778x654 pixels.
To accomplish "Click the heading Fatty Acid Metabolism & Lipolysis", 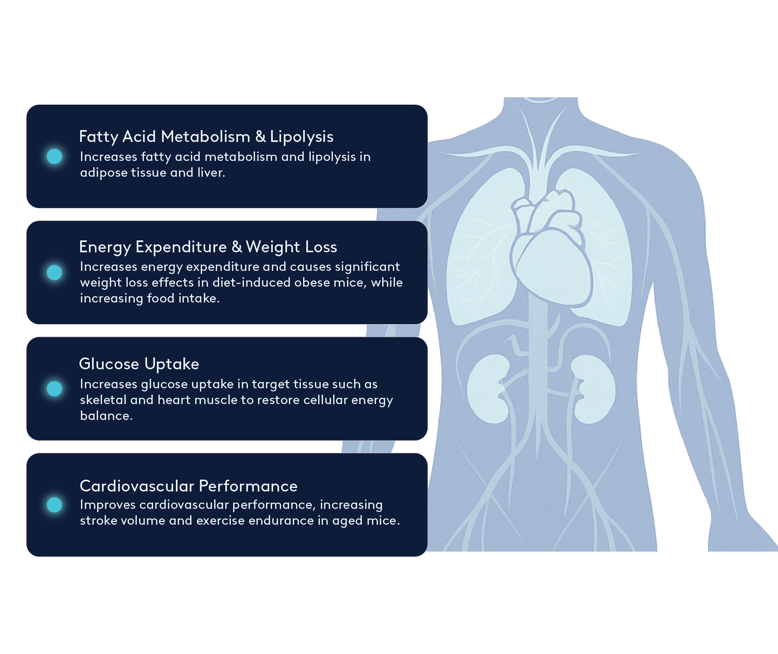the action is tap(206, 137).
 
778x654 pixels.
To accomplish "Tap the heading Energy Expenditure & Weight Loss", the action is tap(208, 247).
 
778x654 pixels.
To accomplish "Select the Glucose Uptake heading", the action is tap(139, 364).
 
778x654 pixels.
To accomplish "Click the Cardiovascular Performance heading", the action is tap(188, 486).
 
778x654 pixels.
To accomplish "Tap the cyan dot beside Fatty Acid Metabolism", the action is tap(55, 156).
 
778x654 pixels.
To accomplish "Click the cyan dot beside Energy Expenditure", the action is tap(55, 272).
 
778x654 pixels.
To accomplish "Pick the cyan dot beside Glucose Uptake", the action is tap(55, 389).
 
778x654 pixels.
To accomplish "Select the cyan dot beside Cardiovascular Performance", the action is tap(55, 505).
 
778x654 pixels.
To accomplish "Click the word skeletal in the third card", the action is tap(103, 400).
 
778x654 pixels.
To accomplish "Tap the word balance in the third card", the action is tap(106, 416).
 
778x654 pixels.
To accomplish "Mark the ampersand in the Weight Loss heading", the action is tap(237, 247).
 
